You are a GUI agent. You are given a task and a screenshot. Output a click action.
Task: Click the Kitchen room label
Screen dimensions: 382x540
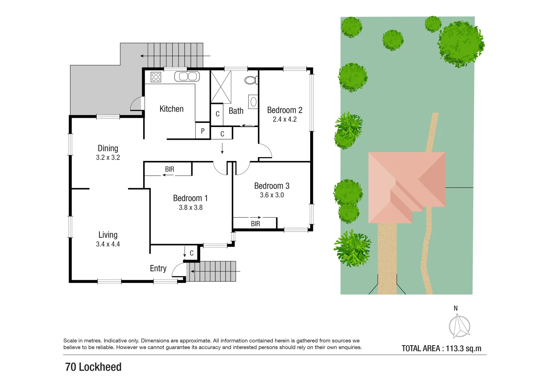point(172,109)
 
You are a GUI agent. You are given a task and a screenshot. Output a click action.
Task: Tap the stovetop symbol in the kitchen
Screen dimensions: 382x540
point(156,77)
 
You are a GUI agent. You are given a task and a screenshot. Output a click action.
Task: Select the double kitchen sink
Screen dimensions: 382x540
point(187,76)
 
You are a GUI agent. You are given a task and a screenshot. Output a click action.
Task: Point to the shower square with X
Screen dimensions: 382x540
point(221,87)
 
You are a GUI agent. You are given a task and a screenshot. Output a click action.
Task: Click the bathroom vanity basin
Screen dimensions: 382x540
point(253,102)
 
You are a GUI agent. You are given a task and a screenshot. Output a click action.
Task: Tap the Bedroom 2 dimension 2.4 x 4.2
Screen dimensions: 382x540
point(285,120)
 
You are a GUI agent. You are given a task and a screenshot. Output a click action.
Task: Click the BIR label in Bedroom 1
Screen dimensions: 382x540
point(170,169)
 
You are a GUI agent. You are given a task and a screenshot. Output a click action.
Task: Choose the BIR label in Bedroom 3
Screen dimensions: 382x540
point(255,224)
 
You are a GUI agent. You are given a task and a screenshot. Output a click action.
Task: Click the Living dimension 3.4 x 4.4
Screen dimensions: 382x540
point(108,244)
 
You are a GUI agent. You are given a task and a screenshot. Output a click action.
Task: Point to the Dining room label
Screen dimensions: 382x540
point(108,148)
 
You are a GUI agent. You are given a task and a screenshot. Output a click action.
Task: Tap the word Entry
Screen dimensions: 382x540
point(158,268)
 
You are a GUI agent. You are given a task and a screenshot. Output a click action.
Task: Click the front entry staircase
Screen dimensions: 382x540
point(212,271)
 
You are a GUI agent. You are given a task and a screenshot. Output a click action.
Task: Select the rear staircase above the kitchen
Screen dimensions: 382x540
point(175,55)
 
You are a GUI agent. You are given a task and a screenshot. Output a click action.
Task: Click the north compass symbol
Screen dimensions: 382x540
point(459,325)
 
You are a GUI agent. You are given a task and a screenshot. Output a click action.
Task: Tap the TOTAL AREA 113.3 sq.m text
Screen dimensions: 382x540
point(441,348)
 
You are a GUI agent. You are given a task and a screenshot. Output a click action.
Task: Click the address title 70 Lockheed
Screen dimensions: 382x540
point(93,367)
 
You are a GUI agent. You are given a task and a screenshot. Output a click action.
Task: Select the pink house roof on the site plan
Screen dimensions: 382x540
point(406,184)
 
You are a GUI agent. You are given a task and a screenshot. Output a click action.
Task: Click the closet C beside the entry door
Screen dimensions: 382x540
point(192,253)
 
